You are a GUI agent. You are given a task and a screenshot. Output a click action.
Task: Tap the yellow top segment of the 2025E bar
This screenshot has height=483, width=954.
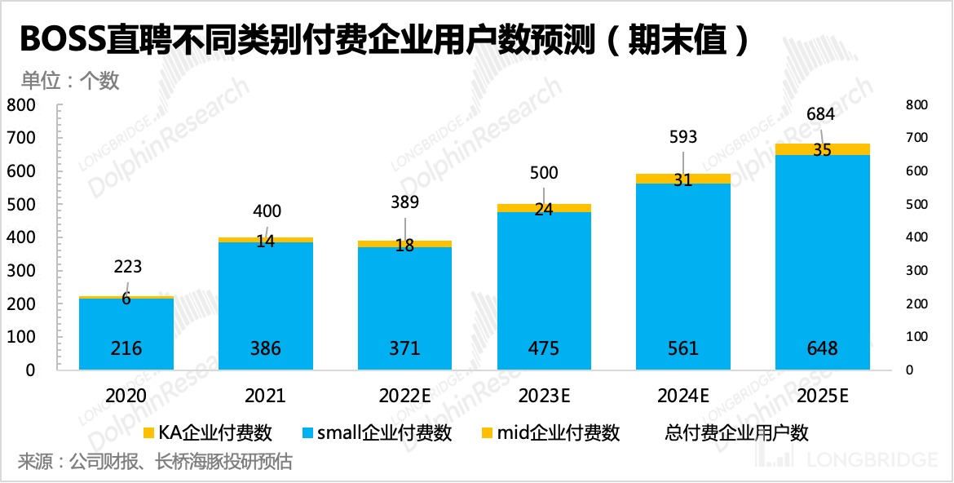[822, 149]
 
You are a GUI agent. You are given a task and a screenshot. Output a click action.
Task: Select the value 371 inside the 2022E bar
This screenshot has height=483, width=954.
[404, 348]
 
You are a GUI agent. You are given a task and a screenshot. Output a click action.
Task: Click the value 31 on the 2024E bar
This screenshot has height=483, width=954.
[683, 180]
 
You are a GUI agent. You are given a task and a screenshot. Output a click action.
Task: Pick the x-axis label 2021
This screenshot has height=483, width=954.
[265, 396]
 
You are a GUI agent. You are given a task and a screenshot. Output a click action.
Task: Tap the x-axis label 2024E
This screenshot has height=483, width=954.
[683, 396]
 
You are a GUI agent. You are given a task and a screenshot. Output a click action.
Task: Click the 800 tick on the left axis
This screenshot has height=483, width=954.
[22, 105]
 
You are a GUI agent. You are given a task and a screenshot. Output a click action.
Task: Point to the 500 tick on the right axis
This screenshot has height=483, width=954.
[917, 204]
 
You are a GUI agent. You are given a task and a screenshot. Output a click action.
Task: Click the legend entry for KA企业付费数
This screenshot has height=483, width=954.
[207, 432]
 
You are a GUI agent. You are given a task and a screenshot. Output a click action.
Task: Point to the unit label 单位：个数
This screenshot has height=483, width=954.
[70, 80]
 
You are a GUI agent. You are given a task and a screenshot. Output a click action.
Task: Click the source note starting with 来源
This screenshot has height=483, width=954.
[155, 462]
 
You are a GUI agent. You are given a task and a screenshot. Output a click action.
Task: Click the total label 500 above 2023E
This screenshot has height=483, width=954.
[544, 173]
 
